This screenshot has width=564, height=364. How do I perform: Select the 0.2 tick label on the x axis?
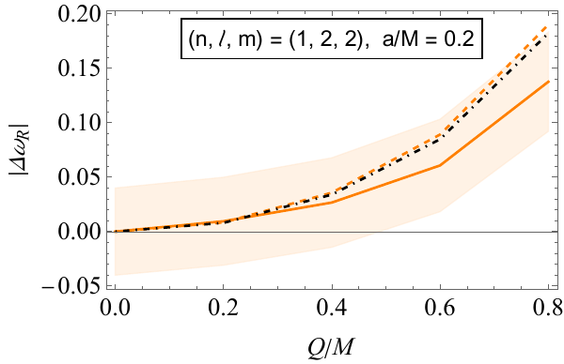pos(223,307)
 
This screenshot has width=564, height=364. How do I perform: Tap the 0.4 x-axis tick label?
pos(332,307)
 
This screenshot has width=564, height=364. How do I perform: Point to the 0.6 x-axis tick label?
pos(440,307)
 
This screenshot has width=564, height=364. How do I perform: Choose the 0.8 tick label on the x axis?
pos(548,307)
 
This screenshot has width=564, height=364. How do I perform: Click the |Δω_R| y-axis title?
pos(17,149)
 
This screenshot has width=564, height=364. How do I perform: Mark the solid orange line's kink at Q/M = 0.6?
pos(440,165)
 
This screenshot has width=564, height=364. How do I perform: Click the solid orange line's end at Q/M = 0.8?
pos(549,82)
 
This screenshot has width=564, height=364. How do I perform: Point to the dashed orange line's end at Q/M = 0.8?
pos(549,28)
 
